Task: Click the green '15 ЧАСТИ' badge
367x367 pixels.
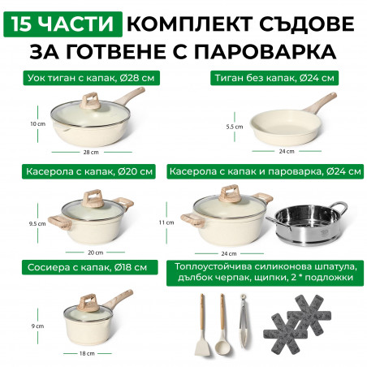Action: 63,24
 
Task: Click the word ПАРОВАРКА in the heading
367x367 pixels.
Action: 266,51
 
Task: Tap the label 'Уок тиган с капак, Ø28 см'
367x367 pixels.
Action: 91,78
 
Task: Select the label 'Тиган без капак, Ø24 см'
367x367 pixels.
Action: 274,78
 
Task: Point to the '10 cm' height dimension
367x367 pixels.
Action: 37,124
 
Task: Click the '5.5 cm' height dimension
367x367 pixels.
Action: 235,127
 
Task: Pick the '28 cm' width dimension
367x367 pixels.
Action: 91,152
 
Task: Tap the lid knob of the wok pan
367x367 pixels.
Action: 91,101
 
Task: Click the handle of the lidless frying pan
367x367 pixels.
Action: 320,103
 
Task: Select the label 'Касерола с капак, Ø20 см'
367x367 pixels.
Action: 89,171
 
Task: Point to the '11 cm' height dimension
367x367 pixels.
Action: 166,222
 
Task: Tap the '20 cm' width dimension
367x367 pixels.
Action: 95,253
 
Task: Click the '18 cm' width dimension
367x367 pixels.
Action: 87,353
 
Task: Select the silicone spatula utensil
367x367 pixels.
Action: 202,325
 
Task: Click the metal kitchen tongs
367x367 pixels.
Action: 244,321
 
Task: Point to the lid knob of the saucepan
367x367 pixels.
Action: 88,301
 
